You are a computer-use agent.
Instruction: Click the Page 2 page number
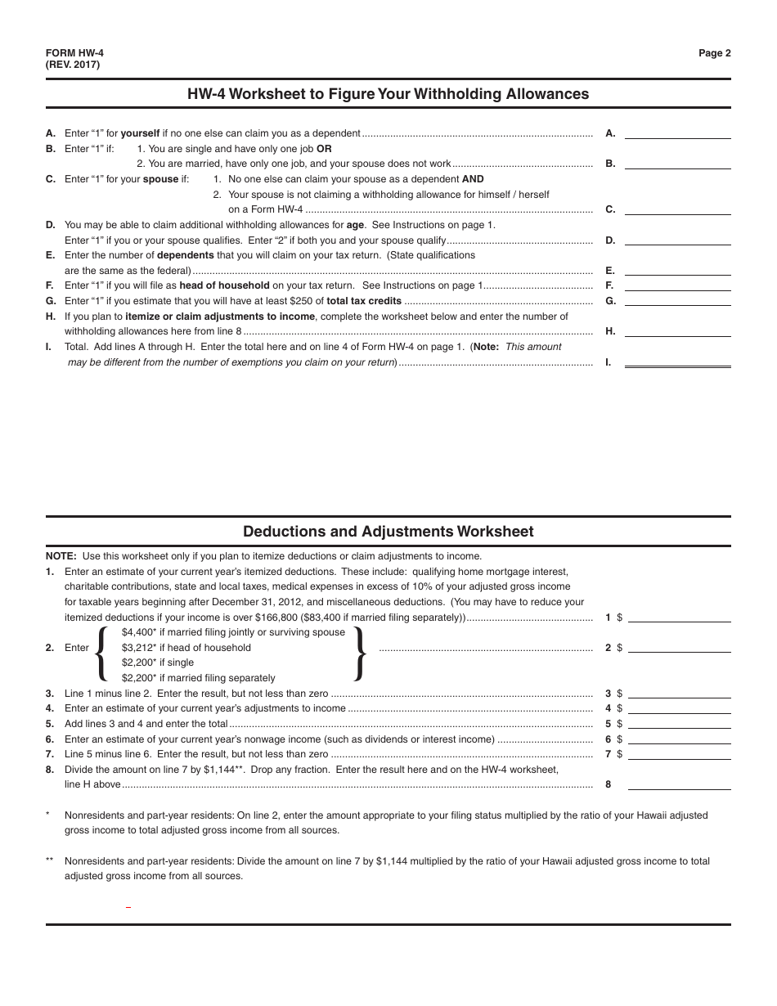tap(714, 53)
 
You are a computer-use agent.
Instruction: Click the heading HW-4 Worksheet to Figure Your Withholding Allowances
tap(388, 94)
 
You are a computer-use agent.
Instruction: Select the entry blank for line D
tap(677, 240)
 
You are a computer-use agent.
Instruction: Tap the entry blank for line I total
tap(677, 362)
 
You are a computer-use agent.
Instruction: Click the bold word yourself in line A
tap(163, 133)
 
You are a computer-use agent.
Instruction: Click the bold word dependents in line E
tap(185, 255)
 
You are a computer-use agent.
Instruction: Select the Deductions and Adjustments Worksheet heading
tap(388, 532)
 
